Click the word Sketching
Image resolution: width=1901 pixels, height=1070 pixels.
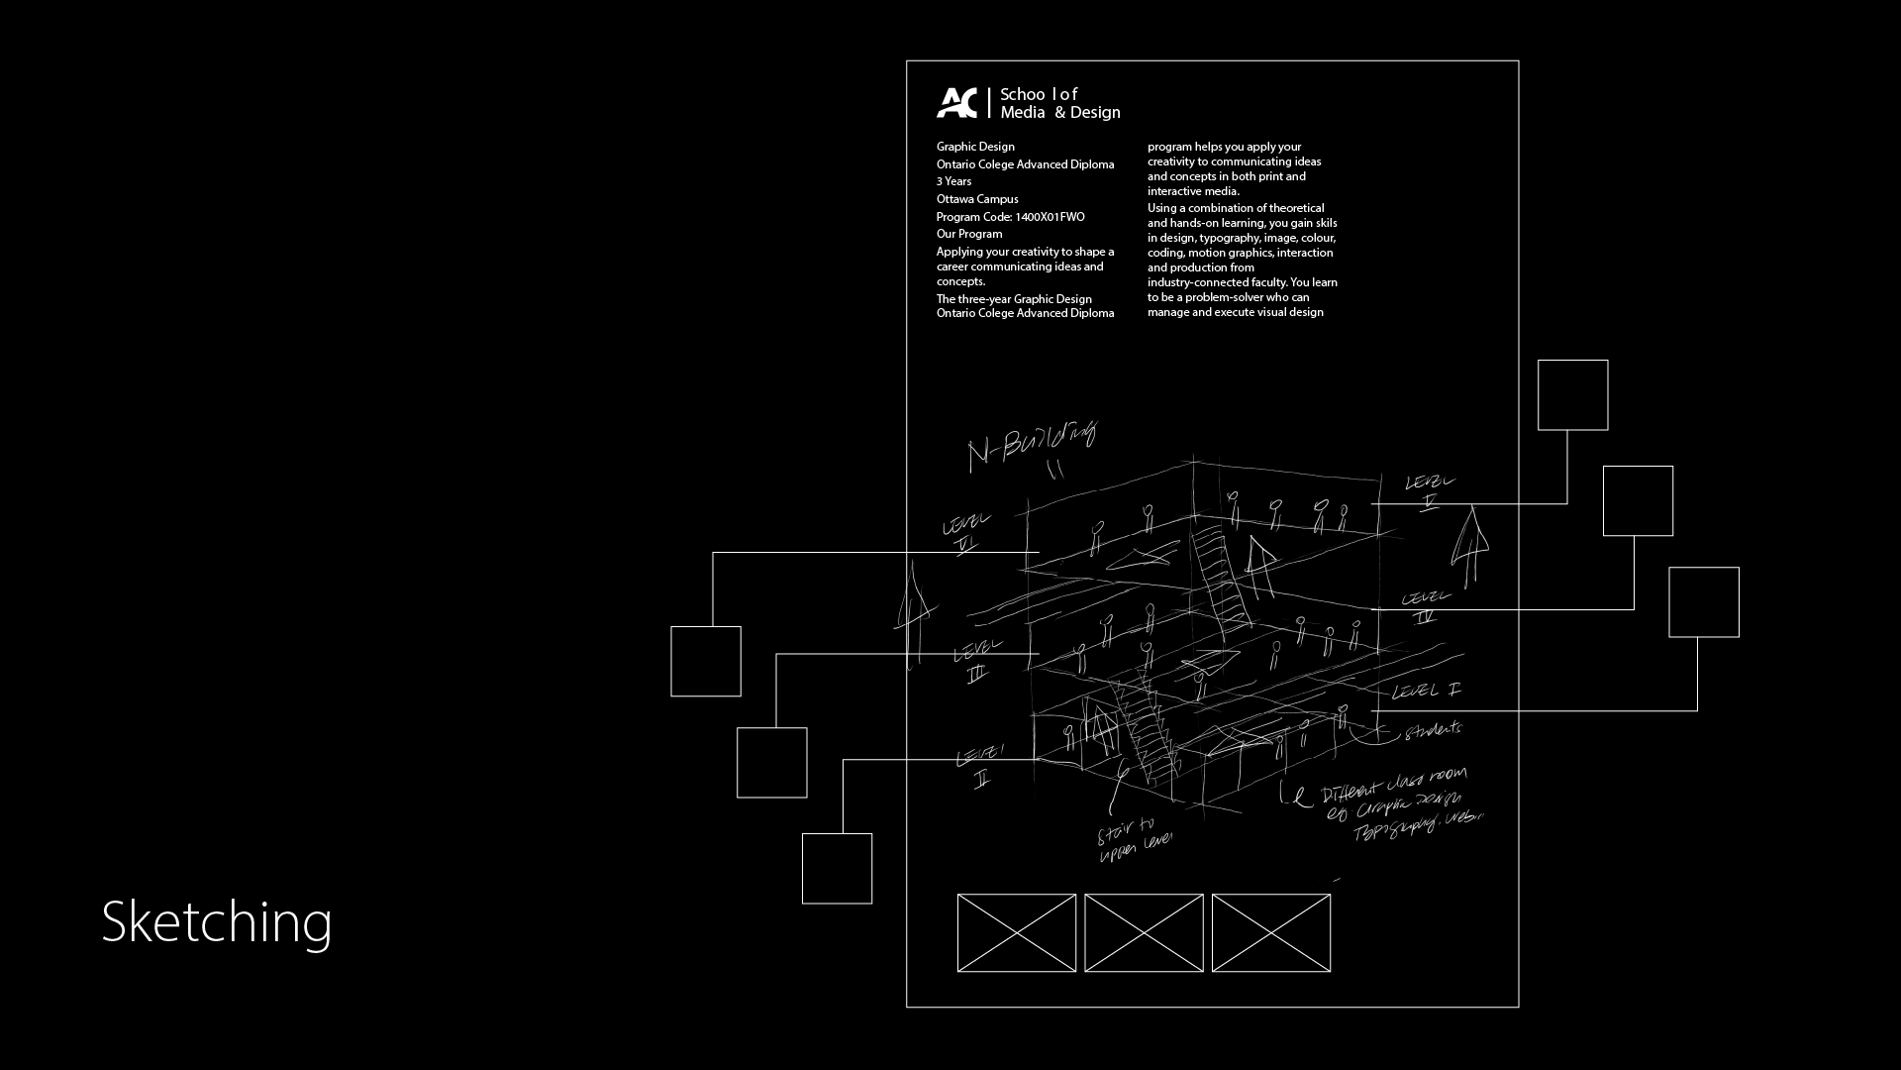pos(216,921)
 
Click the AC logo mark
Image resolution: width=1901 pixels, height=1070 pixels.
pos(956,103)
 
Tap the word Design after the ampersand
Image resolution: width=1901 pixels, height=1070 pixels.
pos(1095,113)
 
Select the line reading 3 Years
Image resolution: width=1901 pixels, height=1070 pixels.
pos(953,181)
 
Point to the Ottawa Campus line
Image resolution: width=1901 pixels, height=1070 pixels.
pos(977,199)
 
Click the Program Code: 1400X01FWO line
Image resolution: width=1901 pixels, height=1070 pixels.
pos(1010,217)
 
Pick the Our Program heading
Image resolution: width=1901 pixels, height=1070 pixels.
pos(969,234)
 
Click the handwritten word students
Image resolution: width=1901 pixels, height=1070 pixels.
pos(1432,730)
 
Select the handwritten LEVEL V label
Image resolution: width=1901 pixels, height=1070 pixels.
pos(1430,488)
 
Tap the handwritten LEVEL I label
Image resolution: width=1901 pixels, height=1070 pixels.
pos(1426,691)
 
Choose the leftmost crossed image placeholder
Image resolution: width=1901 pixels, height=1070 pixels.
pos(1017,933)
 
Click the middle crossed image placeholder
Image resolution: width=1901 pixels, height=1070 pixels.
pos(1144,933)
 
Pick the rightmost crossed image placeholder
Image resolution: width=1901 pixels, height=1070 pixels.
pos(1270,933)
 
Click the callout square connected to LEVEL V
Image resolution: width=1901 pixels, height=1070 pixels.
pos(1572,395)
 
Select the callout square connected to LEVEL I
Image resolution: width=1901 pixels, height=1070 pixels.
pos(1703,602)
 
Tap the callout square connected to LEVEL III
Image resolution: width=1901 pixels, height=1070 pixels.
pos(771,763)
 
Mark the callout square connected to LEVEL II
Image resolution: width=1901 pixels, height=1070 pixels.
pos(837,869)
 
